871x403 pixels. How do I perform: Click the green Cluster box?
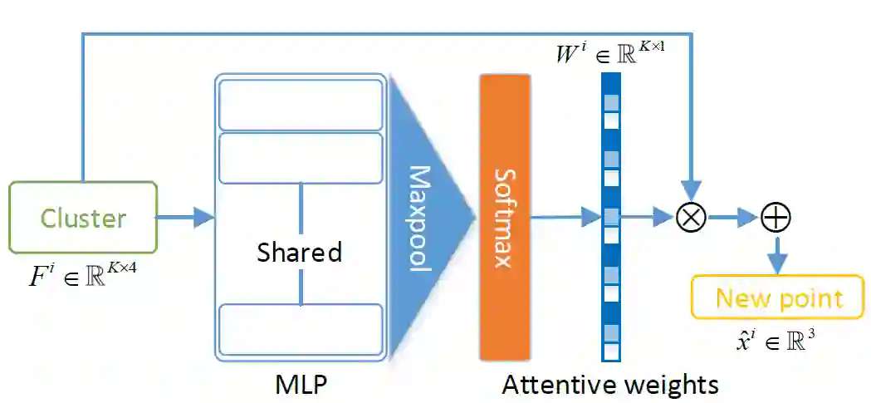pyautogui.click(x=83, y=217)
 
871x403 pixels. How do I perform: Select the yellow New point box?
pyautogui.click(x=779, y=298)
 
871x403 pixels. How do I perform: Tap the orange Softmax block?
pyautogui.click(x=504, y=217)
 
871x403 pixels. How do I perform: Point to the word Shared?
pyautogui.click(x=299, y=252)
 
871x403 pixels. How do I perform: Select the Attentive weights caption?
pyautogui.click(x=610, y=385)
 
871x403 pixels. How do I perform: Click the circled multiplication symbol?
pyautogui.click(x=691, y=217)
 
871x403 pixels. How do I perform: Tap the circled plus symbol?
pyautogui.click(x=776, y=218)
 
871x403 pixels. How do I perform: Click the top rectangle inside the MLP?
pyautogui.click(x=300, y=105)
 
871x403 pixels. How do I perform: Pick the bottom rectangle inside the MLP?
pyautogui.click(x=300, y=330)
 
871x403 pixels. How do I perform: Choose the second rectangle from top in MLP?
pyautogui.click(x=300, y=158)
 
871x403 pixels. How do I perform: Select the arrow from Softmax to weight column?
pyautogui.click(x=565, y=218)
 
